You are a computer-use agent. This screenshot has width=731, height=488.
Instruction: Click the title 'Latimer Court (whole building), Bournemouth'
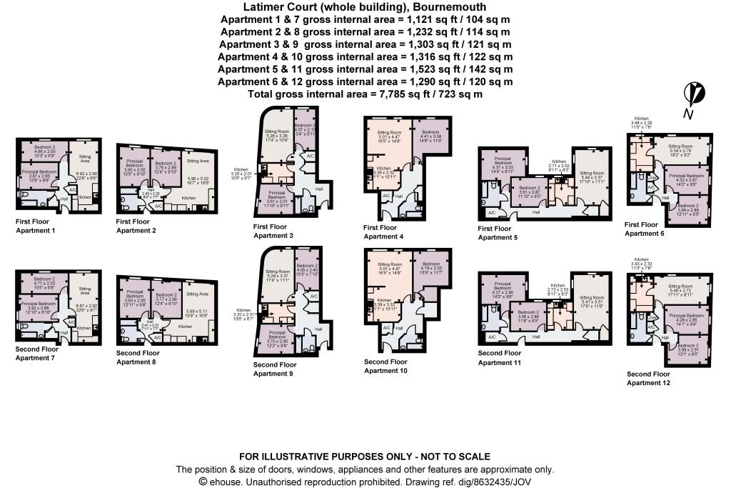pyautogui.click(x=365, y=7)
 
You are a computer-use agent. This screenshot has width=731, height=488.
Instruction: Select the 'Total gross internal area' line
pyautogui.click(x=365, y=94)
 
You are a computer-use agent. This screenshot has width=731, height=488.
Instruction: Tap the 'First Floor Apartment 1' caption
pyautogui.click(x=35, y=226)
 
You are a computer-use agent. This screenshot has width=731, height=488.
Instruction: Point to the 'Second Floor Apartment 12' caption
pyautogui.click(x=648, y=379)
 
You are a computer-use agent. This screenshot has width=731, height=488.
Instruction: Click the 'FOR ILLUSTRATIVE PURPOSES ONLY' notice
pyautogui.click(x=365, y=457)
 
